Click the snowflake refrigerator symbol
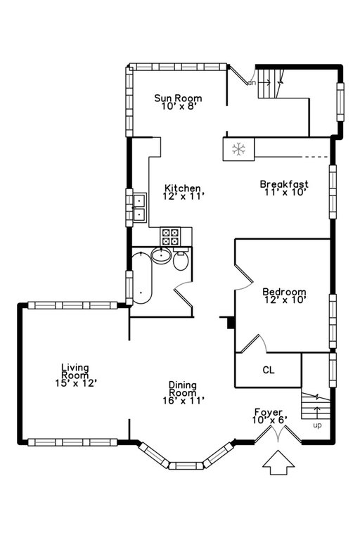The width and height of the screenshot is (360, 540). point(239,149)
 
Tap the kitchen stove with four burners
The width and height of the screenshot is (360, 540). point(171,236)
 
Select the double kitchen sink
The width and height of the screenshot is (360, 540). point(139,207)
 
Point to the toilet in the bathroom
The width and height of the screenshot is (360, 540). point(181,262)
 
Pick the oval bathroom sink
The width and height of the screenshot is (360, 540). point(161,257)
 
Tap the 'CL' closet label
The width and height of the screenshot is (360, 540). point(269,369)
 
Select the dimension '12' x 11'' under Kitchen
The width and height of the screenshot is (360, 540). point(183,198)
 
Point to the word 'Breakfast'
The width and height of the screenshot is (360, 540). point(284,184)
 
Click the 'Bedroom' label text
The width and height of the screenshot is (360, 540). point(284,292)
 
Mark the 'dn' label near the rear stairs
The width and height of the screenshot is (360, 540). point(250,82)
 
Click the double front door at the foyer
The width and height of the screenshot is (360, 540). point(278,436)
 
